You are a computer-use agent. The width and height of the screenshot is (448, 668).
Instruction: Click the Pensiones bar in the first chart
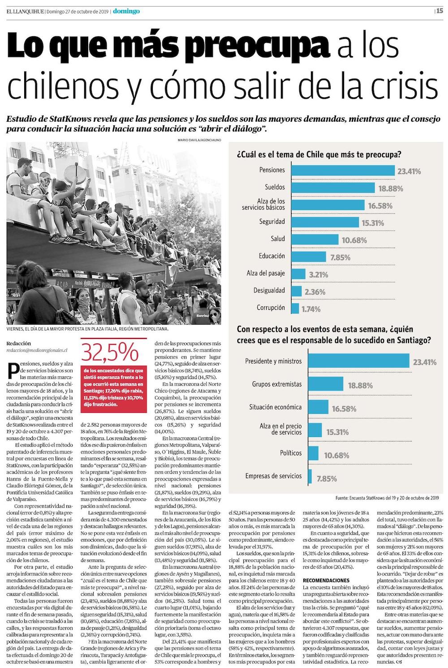click(343, 170)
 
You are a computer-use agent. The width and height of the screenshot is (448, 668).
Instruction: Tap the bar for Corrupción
click(295, 308)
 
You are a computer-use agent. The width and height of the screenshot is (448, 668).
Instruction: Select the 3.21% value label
click(318, 274)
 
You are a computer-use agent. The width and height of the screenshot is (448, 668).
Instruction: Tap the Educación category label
click(271, 256)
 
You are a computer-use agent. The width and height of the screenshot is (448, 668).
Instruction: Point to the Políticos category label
click(291, 453)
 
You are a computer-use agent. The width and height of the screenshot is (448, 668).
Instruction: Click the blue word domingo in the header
click(126, 11)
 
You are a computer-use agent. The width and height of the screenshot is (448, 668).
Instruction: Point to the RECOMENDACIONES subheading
click(326, 580)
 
